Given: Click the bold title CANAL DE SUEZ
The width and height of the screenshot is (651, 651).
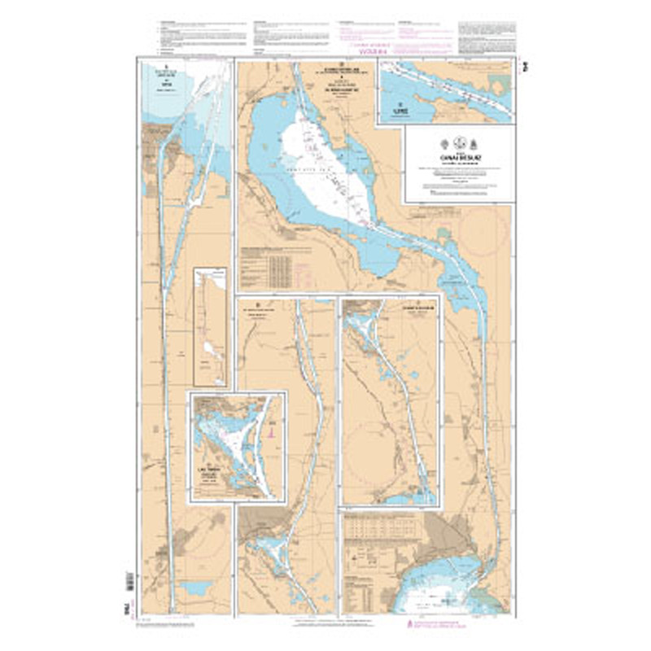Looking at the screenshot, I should (459, 157).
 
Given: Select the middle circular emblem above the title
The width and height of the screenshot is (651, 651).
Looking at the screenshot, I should (459, 139).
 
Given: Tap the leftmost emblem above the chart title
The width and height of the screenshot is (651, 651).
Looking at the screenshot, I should (443, 139).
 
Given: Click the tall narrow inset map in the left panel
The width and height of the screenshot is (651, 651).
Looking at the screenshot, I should (210, 326).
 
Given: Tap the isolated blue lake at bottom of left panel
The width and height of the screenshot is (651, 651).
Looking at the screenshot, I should (195, 588).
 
